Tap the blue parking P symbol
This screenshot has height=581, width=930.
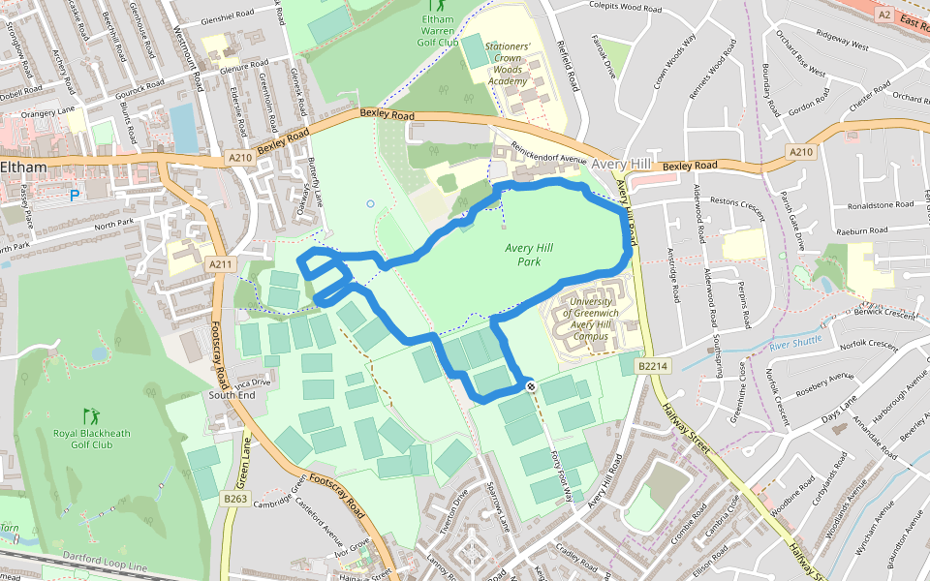click(x=75, y=196)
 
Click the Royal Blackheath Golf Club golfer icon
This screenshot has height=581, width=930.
click(x=91, y=415)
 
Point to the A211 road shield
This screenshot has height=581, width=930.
click(x=220, y=263)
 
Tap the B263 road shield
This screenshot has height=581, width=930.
click(x=235, y=499)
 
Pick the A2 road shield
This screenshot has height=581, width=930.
click(x=883, y=15)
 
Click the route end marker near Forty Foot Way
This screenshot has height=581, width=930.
click(x=531, y=385)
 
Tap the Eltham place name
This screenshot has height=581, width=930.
click(x=23, y=167)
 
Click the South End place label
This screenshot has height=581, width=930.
click(x=231, y=395)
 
